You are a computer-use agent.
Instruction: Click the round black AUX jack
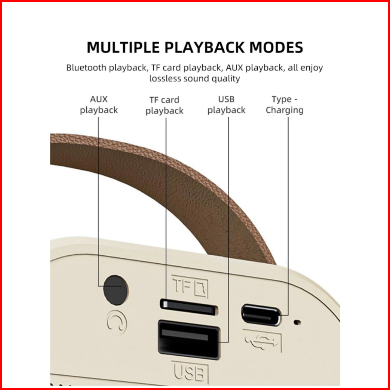(115, 289)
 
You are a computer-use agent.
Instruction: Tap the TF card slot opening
(188, 308)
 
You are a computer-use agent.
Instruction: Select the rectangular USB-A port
(189, 339)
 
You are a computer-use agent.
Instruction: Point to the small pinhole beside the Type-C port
(298, 322)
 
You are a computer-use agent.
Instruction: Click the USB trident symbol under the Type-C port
(262, 340)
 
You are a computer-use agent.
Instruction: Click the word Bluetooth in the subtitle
(86, 68)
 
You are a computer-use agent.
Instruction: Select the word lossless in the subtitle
(165, 78)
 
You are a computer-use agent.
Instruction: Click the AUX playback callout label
(99, 104)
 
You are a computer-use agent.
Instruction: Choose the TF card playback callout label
(164, 105)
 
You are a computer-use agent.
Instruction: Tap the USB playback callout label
(226, 104)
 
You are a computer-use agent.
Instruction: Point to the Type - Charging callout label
(284, 104)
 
